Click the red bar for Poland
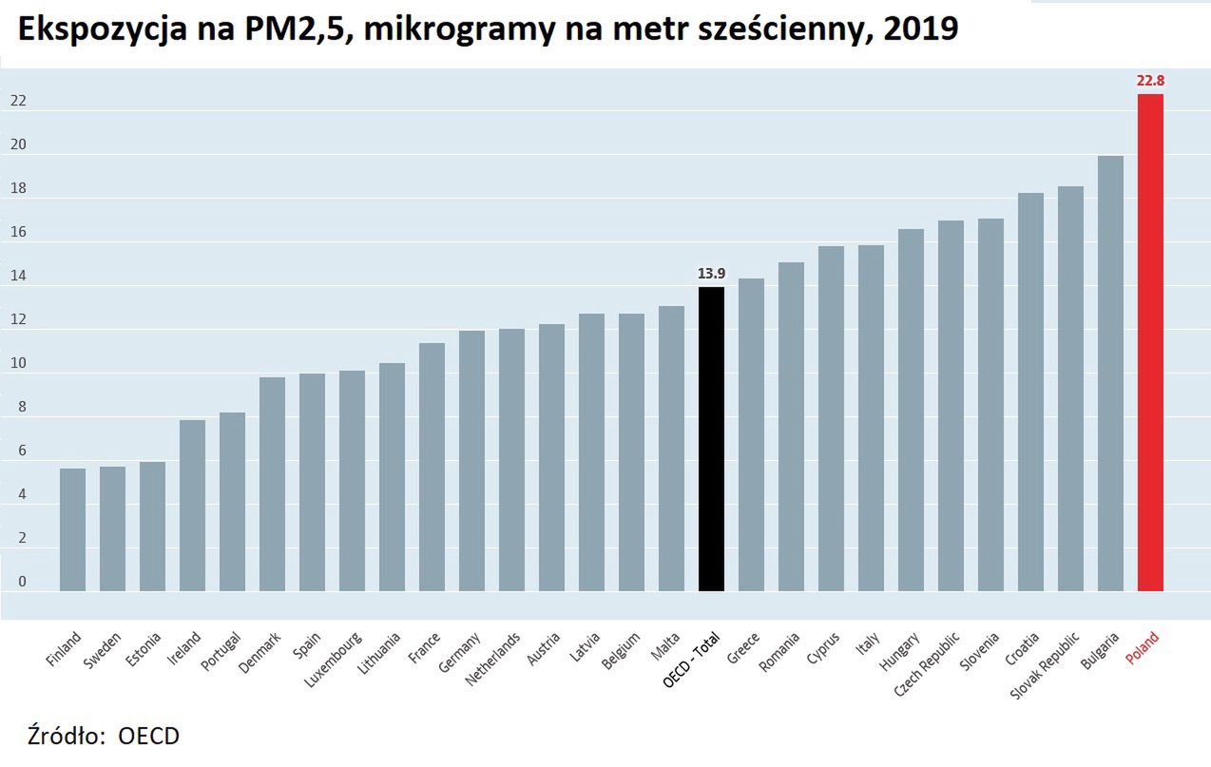click(1150, 342)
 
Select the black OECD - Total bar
click(711, 439)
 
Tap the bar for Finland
click(72, 529)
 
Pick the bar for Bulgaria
click(1110, 374)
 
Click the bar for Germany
click(471, 461)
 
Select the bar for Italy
click(871, 418)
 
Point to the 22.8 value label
click(1150, 82)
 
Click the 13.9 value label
click(711, 274)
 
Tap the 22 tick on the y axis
click(18, 102)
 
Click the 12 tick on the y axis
click(18, 320)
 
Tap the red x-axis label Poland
click(1143, 651)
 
